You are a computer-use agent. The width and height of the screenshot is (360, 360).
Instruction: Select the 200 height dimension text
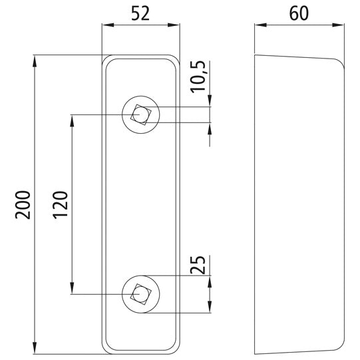(x=23, y=206)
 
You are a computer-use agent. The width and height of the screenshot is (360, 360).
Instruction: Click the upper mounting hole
(x=140, y=114)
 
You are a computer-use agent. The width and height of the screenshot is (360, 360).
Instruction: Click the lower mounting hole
(x=140, y=293)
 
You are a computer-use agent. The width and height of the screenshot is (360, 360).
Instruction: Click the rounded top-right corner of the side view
(x=339, y=64)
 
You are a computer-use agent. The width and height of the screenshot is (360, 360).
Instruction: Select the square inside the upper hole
(x=140, y=114)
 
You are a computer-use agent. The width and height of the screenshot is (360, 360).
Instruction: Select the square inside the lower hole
(x=140, y=293)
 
